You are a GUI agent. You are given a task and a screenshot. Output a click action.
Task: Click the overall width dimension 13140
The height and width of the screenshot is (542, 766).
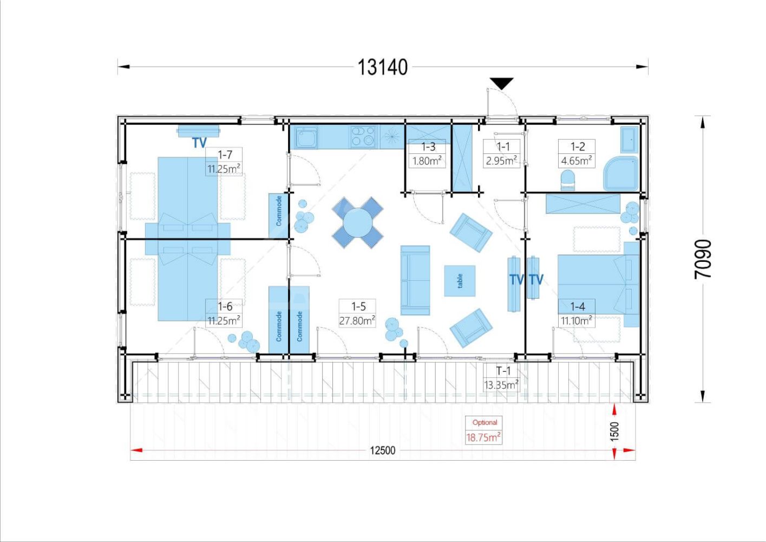coord(382,67)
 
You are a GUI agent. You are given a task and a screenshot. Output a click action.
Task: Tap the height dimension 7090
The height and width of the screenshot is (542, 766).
coord(703,259)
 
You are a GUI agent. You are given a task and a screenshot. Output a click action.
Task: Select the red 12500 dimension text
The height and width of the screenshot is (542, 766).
coord(382,450)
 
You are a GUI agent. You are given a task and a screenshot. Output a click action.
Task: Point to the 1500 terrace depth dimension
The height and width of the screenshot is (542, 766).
coord(614,431)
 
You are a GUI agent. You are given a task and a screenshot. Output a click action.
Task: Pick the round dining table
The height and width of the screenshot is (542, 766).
coord(357,223)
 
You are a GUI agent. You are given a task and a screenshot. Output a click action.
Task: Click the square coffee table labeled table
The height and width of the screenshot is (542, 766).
coord(460,281)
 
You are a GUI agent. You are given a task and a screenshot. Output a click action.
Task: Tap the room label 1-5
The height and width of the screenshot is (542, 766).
coord(358,306)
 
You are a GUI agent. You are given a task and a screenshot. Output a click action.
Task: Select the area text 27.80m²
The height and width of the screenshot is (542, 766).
coord(357,320)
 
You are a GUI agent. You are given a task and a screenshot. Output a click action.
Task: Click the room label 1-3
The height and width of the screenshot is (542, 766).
coord(428,146)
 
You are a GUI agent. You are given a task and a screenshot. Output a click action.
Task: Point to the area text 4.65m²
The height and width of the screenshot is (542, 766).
coord(577,160)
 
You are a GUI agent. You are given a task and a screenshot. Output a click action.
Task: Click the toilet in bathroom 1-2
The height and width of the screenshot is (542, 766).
coord(568,181)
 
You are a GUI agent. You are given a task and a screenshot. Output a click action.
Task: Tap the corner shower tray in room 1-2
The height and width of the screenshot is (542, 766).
coord(621,173)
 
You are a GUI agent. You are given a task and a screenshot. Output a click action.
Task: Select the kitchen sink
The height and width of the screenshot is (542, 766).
coord(307,137)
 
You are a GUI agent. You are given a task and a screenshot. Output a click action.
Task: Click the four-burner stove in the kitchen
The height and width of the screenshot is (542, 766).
coord(363,136)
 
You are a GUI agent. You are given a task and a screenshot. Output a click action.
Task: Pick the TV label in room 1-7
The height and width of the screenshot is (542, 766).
coord(199,143)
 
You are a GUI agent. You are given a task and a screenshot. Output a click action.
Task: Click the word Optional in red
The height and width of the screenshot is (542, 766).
coord(485,423)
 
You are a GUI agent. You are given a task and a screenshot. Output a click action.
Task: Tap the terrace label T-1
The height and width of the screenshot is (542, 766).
coord(503,371)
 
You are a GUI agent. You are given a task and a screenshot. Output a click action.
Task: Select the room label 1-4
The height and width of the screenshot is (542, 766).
coord(577,306)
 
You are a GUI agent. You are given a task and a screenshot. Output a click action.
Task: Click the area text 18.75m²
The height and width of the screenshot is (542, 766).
coord(483,437)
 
